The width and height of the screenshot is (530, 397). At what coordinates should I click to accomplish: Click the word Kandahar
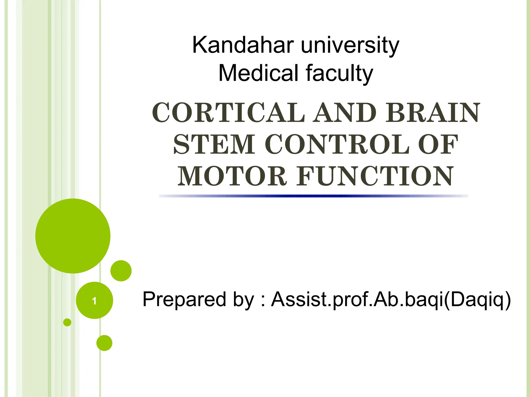[x=243, y=45]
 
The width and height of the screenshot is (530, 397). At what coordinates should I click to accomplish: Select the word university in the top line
[x=350, y=45]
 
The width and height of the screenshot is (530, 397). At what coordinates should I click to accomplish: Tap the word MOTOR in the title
[x=232, y=176]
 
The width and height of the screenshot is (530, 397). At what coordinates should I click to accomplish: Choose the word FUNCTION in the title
[x=375, y=176]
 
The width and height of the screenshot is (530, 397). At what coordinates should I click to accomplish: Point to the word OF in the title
[x=438, y=144]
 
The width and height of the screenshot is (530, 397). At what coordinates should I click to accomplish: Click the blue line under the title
[x=313, y=196]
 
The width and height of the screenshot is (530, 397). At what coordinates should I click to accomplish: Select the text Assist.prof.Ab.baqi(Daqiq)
[x=391, y=299]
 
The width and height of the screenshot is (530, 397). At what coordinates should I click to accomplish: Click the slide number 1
[x=94, y=301]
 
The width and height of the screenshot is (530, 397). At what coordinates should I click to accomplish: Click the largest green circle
[x=73, y=236]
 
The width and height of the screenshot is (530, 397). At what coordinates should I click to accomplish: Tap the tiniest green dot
[x=67, y=322]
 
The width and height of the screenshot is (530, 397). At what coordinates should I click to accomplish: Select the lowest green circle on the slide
[x=104, y=343]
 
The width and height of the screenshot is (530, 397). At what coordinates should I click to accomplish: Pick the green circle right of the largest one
[x=121, y=271]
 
